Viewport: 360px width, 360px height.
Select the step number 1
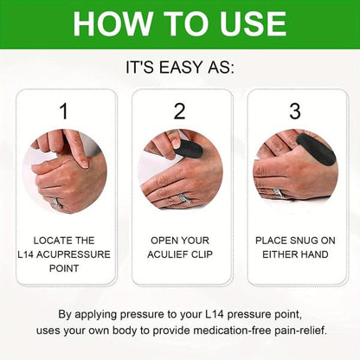point(63,111)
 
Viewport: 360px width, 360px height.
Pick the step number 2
point(179,111)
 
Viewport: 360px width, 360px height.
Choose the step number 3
point(295,111)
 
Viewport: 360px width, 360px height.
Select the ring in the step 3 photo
point(277,193)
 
